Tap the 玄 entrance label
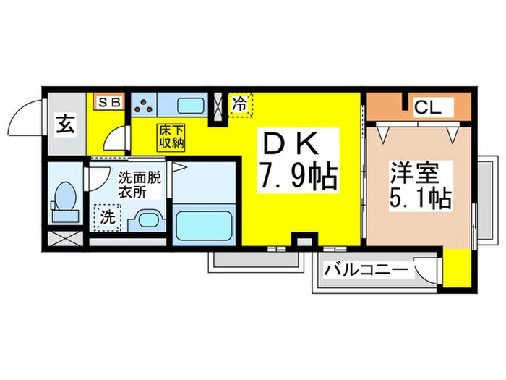[x=65, y=124]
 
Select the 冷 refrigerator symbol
[x=239, y=104]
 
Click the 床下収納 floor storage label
[x=172, y=137]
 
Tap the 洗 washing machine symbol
[x=107, y=216]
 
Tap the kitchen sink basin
[x=186, y=104]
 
